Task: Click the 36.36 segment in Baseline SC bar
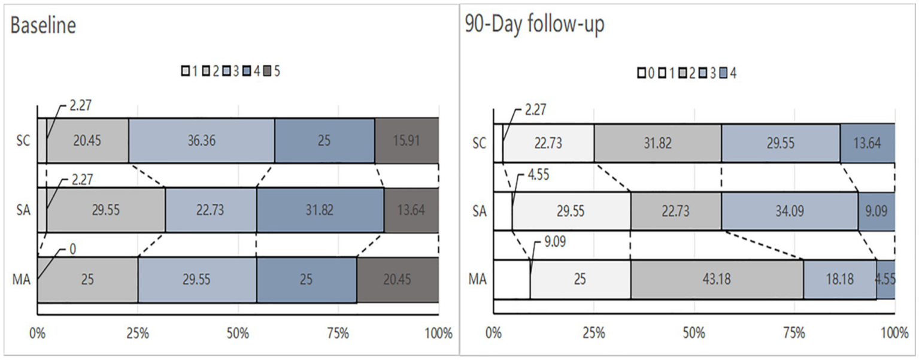coord(201,141)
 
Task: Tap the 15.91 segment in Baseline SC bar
coord(407,141)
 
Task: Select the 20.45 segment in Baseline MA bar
coord(398,279)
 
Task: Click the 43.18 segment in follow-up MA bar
coord(717,279)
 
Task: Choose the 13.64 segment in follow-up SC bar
coord(868,144)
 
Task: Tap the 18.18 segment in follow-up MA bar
coord(839,279)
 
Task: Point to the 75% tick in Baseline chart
coord(338,334)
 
